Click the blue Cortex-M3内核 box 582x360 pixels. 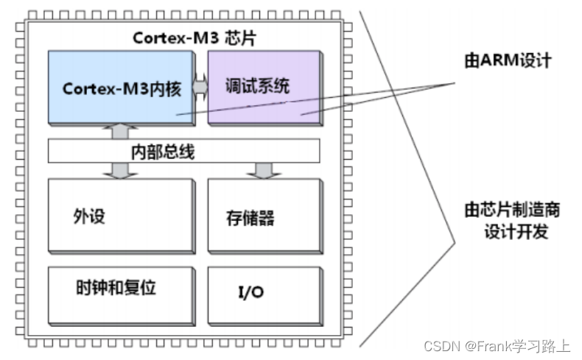118,86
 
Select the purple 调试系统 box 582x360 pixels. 263,86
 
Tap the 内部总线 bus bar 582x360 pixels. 183,151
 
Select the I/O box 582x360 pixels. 263,293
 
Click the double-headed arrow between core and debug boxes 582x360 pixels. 200,86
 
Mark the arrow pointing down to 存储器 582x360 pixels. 261,170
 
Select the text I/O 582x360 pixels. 251,292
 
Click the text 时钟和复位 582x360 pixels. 116,287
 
